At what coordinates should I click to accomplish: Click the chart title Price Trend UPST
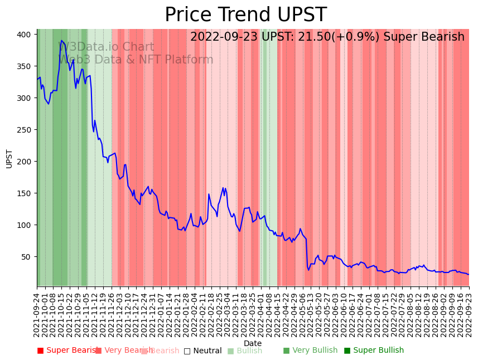(245, 15)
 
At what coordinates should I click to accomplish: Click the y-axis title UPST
(9, 158)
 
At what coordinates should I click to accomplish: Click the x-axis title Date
(253, 343)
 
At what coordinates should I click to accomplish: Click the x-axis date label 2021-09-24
(37, 314)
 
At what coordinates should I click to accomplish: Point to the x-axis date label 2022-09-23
(469, 314)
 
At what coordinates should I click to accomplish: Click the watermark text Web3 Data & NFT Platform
(136, 60)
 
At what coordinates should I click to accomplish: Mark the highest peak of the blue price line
(61, 41)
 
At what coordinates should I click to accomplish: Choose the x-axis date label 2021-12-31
(153, 314)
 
